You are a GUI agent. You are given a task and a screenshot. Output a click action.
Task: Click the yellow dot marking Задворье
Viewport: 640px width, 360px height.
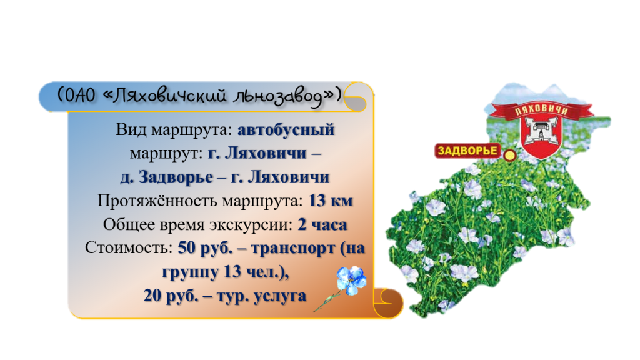(509, 156)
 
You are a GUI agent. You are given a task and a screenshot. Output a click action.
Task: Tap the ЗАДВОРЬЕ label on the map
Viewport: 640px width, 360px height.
(467, 151)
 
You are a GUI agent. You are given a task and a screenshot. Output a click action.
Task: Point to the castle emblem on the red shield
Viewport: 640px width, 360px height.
(541, 130)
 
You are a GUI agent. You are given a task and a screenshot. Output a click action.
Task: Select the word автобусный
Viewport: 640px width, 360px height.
(286, 130)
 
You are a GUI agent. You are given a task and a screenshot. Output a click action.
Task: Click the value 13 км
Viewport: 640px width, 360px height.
(331, 201)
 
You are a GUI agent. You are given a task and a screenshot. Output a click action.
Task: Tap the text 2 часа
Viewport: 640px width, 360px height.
(322, 224)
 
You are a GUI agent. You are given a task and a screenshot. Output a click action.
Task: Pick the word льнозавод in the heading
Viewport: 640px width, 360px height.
(277, 96)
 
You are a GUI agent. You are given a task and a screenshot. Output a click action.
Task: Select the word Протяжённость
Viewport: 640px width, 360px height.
(157, 201)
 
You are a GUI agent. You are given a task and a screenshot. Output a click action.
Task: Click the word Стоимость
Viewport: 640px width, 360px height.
(129, 247)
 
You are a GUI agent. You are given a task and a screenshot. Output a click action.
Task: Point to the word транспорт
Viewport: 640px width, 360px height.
(293, 249)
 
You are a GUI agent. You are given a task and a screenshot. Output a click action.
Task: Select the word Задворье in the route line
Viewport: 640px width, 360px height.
(176, 177)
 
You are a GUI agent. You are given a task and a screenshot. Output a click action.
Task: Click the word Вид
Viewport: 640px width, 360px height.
(131, 130)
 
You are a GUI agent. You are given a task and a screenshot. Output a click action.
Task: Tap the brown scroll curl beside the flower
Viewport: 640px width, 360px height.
(387, 303)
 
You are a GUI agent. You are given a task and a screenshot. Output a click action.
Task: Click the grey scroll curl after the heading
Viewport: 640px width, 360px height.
(356, 97)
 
